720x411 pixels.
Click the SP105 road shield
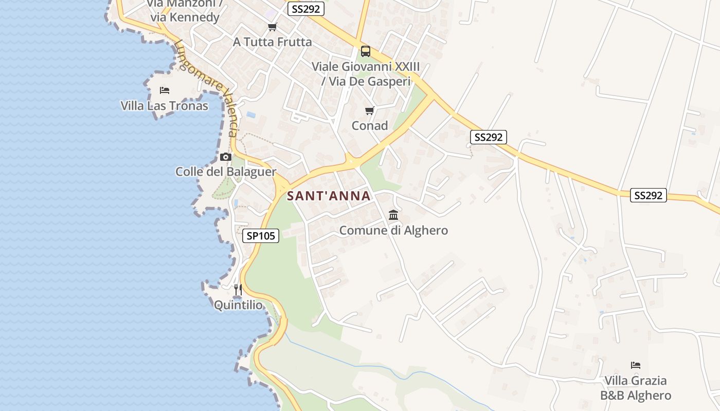point(261,236)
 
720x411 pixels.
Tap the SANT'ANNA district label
point(329,196)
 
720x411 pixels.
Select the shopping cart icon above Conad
point(369,111)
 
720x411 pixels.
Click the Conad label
point(369,125)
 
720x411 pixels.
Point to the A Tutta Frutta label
point(272,42)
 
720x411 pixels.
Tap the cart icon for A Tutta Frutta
point(272,27)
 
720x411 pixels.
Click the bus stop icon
point(366,51)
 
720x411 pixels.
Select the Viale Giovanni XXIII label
point(366,67)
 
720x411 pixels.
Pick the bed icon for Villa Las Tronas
point(165,91)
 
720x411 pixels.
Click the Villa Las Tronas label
point(165,106)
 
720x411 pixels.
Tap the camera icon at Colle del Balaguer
point(225,157)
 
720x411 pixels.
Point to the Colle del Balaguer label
point(226,172)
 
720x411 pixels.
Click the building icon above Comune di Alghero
point(393,215)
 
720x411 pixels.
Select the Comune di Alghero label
point(393,230)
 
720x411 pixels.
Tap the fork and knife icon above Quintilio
point(238,290)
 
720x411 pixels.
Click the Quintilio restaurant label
point(238,305)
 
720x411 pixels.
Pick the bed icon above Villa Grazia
point(636,365)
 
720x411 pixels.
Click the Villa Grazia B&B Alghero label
point(636,388)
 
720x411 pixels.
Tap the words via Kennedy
point(185,17)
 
